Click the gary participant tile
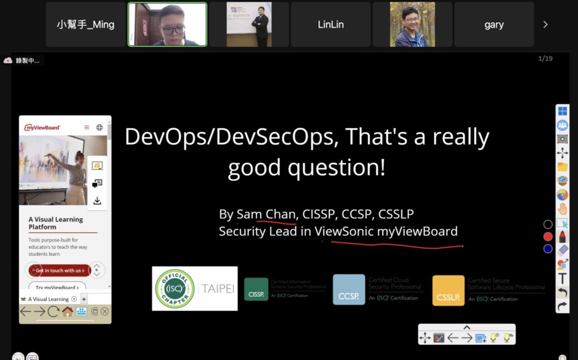click(x=494, y=24)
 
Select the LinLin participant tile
click(x=330, y=24)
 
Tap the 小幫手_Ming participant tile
click(x=85, y=24)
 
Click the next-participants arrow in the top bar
click(x=545, y=24)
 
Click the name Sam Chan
click(x=266, y=214)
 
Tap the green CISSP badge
click(x=256, y=289)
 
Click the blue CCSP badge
click(x=349, y=289)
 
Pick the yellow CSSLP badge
click(x=448, y=291)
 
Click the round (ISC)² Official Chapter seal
click(x=175, y=288)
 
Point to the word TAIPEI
click(x=218, y=289)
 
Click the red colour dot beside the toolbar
click(x=548, y=237)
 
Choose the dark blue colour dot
click(x=548, y=249)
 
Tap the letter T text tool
click(x=562, y=278)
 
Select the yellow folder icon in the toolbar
click(x=562, y=167)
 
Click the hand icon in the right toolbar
click(x=562, y=209)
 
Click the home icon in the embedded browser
click(x=68, y=311)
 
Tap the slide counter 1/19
click(x=545, y=59)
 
